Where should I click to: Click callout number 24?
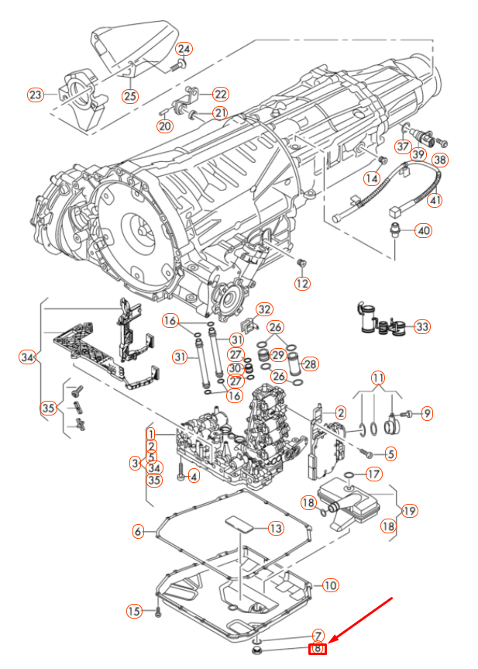184,49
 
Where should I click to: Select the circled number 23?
36,95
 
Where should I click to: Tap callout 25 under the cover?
129,96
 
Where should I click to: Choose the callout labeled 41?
435,200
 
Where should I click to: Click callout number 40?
423,230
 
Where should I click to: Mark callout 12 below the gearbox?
302,283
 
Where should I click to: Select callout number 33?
422,326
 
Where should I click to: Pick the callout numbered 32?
264,310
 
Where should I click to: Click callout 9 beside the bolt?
427,413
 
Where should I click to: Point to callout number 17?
373,474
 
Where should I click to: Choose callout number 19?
409,511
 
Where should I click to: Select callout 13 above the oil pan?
276,529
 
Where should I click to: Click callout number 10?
329,585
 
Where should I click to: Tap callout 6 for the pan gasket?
138,532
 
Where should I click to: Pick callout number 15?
135,612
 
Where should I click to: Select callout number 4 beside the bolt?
194,476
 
